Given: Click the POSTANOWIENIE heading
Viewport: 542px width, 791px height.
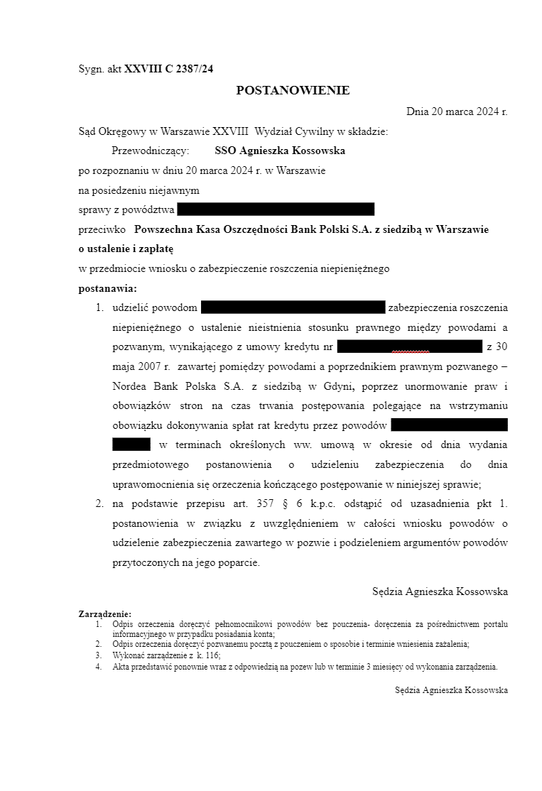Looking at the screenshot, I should [x=293, y=90].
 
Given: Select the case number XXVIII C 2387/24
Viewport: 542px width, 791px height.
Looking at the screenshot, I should [x=168, y=69].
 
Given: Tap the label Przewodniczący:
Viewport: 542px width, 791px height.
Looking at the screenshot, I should [x=150, y=151].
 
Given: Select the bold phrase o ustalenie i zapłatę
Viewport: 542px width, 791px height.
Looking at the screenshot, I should [x=126, y=249].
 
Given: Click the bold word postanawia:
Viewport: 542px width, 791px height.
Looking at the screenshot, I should [x=107, y=288].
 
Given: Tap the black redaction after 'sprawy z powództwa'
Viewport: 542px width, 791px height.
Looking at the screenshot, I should [x=276, y=209].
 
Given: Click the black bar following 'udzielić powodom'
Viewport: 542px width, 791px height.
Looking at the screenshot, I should [x=293, y=307].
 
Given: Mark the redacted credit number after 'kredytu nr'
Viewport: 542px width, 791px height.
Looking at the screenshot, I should [x=410, y=347].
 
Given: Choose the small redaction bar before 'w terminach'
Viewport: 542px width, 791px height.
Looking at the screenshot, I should [x=131, y=444].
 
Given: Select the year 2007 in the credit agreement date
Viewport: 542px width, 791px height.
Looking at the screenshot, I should [x=151, y=366].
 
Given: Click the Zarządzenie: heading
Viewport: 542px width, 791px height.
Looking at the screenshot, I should [x=104, y=613].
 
